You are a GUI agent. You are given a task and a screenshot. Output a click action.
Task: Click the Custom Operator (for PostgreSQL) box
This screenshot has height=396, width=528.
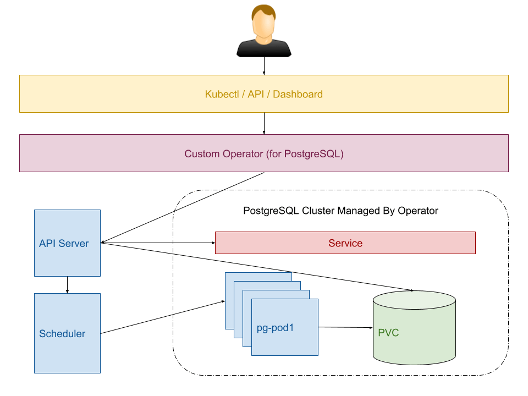coord(263,154)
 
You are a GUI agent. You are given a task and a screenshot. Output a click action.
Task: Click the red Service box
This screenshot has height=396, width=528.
coord(345,243)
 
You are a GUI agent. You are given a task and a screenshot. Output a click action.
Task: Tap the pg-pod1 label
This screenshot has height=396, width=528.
coord(275,328)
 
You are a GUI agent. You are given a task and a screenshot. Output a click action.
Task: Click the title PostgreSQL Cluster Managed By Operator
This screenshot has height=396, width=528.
coord(340,211)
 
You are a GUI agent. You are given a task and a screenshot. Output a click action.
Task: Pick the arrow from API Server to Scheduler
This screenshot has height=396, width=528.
coord(67,284)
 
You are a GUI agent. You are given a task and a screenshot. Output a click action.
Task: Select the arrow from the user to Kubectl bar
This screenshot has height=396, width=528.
coord(264,66)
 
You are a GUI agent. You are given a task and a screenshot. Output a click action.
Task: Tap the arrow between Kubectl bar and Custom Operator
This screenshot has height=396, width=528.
coord(264,123)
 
